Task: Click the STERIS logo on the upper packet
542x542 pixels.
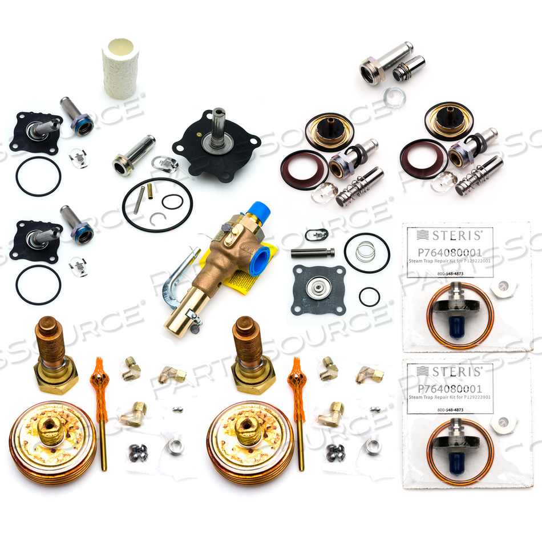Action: pos(450,234)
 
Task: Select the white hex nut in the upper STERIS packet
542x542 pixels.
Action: pos(503,289)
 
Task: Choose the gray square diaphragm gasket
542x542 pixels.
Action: pos(317,289)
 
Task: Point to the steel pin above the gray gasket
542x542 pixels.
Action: pos(312,252)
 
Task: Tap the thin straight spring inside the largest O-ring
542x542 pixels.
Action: pos(137,200)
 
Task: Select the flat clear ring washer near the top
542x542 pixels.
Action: pos(394,98)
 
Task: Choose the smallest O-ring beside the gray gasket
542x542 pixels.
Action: pos(369,297)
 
